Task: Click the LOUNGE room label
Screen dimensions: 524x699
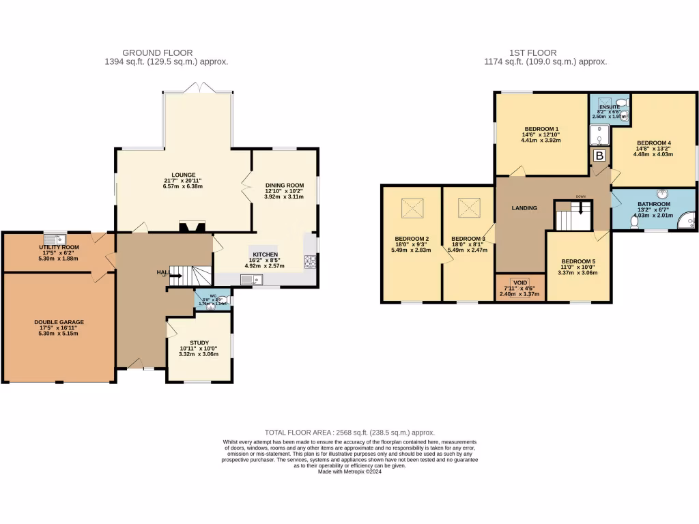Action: (184, 175)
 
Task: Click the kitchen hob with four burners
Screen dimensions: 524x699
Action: (309, 261)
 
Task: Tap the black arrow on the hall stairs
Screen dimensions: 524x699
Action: (175, 276)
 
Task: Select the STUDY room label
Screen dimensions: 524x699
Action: (199, 343)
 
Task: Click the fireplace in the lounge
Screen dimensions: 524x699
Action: (190, 226)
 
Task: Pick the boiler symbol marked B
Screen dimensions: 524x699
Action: (599, 156)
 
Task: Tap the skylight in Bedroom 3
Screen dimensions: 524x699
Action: (468, 207)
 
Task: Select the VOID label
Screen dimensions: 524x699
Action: (520, 282)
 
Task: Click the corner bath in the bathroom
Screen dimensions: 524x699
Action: (686, 220)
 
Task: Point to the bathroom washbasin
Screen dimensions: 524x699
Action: (662, 194)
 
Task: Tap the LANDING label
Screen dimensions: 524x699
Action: (524, 208)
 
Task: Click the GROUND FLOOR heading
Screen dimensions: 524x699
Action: (157, 53)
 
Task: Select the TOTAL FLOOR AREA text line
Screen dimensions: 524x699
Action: (349, 433)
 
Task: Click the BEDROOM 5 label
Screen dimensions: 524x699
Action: (578, 261)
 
